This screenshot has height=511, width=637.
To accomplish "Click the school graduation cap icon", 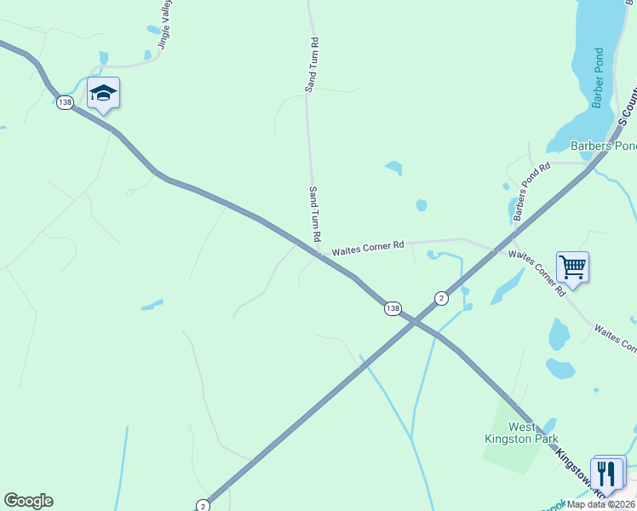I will tap(103, 94).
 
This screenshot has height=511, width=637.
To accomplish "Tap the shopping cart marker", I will tap(572, 267).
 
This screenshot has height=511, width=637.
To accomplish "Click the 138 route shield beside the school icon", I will tap(65, 102).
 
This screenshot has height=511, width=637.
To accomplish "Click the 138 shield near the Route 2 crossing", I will tap(392, 308).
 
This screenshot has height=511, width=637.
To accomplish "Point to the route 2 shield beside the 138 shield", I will tap(441, 298).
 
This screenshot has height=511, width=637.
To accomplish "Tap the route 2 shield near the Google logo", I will tap(203, 505).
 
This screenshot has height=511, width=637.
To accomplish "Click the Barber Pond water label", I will tap(598, 84).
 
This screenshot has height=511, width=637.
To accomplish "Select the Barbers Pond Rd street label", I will tap(532, 192).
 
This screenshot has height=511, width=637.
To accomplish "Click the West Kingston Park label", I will tap(533, 433).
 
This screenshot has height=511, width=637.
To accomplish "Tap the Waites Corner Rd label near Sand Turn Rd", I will tap(368, 248).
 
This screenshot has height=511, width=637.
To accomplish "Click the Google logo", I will tap(28, 501).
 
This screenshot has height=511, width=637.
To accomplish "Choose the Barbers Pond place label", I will tap(603, 146).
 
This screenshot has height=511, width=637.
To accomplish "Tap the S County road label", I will tap(627, 106).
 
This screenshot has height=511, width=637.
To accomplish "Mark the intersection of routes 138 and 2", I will tap(412, 320).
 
